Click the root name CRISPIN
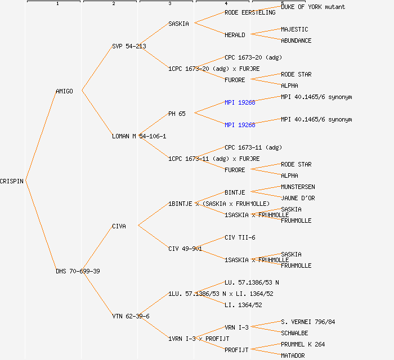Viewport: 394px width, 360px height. (x=12, y=181)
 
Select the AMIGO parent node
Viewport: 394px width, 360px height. (x=64, y=91)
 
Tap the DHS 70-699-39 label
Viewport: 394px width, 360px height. (x=78, y=271)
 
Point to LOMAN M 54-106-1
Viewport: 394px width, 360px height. (x=139, y=136)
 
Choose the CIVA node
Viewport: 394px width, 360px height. (x=119, y=226)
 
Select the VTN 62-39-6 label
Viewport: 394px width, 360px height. (x=131, y=316)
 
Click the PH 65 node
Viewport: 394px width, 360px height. (x=177, y=114)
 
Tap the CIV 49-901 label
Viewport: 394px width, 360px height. (x=185, y=249)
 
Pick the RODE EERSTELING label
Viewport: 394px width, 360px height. (x=250, y=12)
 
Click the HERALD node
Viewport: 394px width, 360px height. (x=235, y=35)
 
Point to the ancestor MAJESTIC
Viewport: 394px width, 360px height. (x=294, y=29)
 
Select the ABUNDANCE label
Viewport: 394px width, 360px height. (x=296, y=40)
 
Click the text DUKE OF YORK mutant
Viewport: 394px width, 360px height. (x=313, y=7)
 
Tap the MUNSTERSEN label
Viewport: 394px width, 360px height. (x=298, y=187)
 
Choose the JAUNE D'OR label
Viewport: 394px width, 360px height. (x=298, y=198)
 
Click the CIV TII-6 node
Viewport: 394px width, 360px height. (x=240, y=237)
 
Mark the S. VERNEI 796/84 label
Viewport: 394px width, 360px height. (x=308, y=322)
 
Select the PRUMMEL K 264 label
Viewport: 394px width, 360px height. (x=303, y=344)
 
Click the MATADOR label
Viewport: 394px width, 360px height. (x=293, y=355)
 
